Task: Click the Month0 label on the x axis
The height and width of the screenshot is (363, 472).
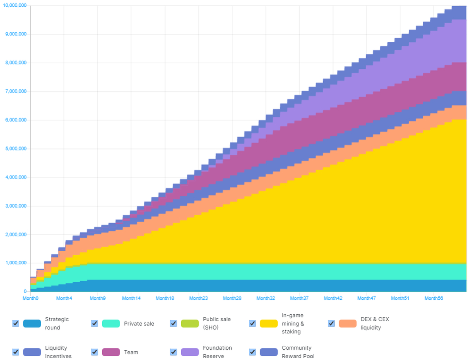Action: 31,298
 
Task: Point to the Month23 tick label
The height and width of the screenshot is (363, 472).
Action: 199,298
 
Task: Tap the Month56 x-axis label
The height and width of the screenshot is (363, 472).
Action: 434,298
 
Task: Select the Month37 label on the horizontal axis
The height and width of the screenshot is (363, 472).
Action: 299,298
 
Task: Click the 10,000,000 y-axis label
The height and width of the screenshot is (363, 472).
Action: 15,5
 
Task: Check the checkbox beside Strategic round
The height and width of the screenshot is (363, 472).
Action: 16,323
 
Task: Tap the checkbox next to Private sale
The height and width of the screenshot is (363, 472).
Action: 94,323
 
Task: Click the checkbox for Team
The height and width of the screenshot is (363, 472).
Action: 94,352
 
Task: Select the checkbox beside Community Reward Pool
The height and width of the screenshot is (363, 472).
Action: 252,352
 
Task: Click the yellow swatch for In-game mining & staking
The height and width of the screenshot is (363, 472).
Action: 269,323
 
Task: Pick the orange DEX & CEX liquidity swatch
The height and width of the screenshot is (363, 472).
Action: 347,323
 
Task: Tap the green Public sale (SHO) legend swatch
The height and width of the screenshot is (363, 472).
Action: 190,323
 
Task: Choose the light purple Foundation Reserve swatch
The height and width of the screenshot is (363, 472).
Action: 190,352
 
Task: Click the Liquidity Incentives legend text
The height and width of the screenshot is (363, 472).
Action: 56,352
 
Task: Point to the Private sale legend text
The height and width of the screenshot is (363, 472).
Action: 139,324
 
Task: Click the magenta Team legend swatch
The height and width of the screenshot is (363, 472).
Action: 111,352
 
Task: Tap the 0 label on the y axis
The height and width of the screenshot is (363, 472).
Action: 25,291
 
